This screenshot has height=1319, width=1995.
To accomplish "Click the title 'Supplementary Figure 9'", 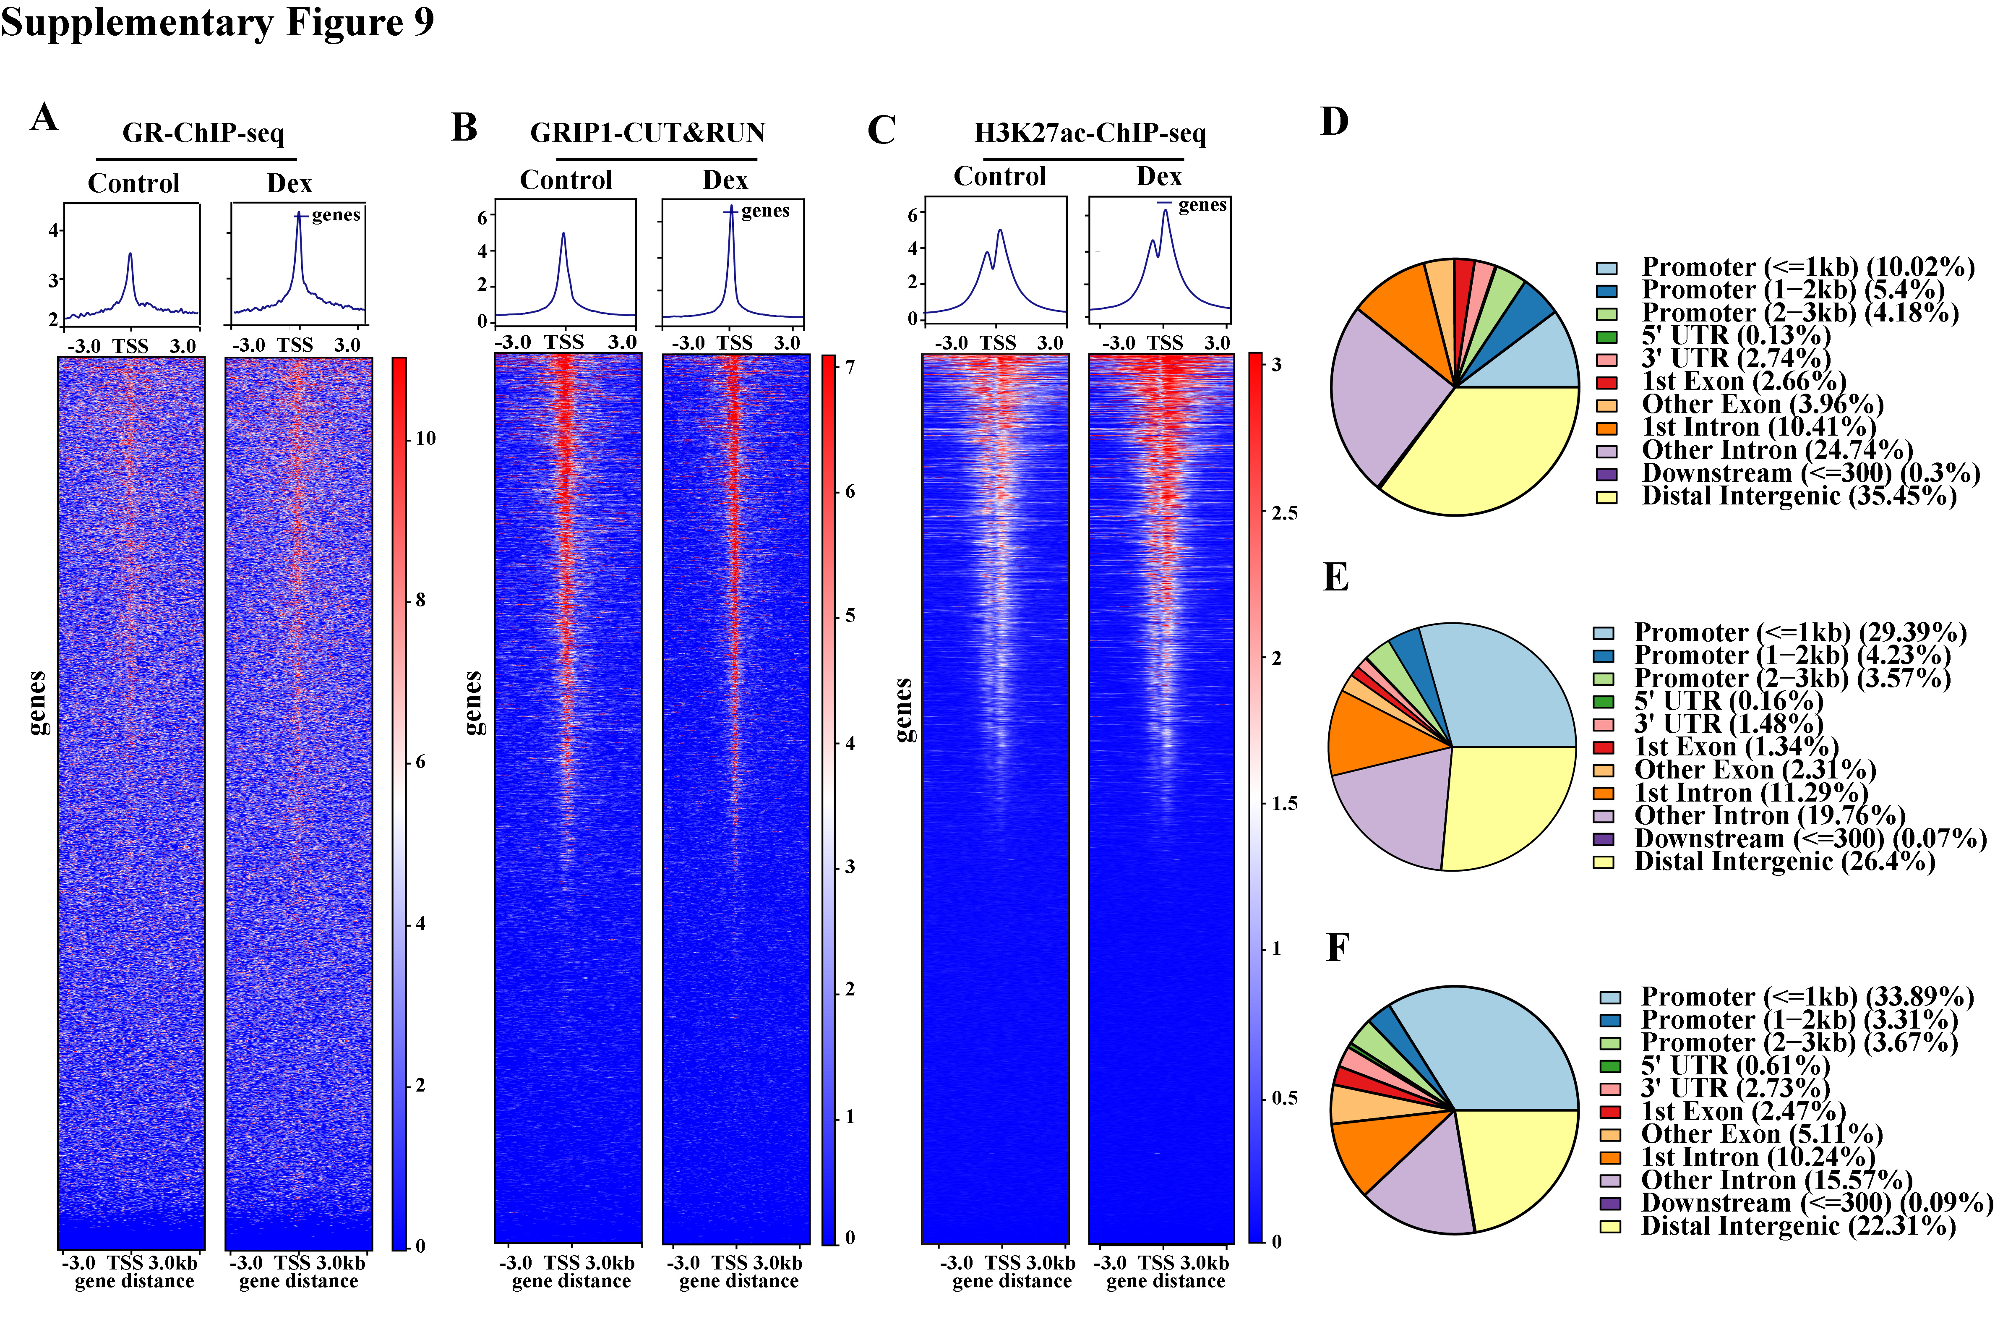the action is coord(217,22).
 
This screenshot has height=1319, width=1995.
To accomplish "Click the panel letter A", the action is coord(44,117).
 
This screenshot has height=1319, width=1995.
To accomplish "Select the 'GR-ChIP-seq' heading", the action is coord(203,133).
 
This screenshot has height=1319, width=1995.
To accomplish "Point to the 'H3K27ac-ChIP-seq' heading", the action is coord(1090,133).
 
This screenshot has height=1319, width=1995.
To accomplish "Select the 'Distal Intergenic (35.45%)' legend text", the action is coord(1799,496).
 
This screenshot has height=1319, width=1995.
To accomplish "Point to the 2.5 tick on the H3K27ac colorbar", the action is coord(1284,512).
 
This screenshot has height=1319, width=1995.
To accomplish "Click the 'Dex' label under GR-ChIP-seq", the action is coord(289,183).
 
